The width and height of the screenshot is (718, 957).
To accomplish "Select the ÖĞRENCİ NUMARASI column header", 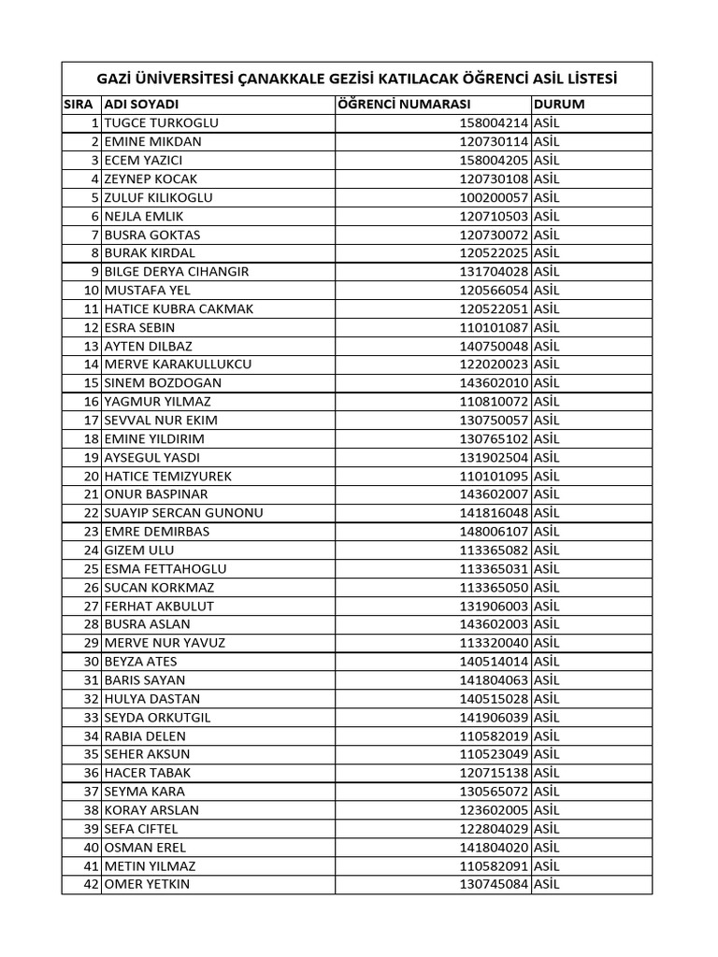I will (x=404, y=104).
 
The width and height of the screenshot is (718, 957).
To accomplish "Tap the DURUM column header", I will (x=558, y=104).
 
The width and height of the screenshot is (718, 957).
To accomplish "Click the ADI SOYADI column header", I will (x=141, y=104).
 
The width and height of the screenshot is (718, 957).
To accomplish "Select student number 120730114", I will (x=494, y=141).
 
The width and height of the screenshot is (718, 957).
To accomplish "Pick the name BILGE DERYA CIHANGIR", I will (x=177, y=271).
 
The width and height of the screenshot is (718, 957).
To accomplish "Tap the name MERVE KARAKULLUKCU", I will (x=178, y=364).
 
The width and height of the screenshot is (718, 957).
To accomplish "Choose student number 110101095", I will (x=494, y=476).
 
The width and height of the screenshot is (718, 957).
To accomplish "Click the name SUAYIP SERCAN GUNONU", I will (x=183, y=512).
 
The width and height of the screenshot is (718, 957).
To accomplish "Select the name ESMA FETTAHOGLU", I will (x=165, y=568).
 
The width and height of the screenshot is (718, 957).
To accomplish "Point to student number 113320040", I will (x=494, y=642).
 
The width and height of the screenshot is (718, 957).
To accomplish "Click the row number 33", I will (x=91, y=717).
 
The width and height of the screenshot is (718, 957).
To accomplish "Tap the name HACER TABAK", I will (x=147, y=772).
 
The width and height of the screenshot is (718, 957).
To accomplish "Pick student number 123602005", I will (x=494, y=809).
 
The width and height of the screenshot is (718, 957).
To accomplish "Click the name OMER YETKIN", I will (x=147, y=883).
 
